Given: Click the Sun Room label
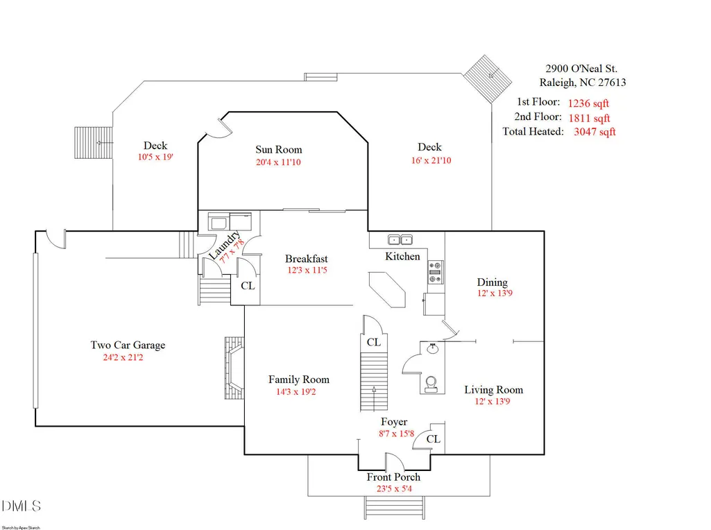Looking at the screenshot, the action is pyautogui.click(x=278, y=150).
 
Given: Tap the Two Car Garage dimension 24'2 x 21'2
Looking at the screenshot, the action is pyautogui.click(x=123, y=357).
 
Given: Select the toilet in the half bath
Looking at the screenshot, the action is pyautogui.click(x=431, y=384).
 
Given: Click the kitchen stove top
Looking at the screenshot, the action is pyautogui.click(x=436, y=272).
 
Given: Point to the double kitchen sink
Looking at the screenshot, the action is pyautogui.click(x=400, y=239).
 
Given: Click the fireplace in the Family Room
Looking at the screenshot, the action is pyautogui.click(x=234, y=368).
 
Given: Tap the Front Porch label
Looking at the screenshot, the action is pyautogui.click(x=393, y=477).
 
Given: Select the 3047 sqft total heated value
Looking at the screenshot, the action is pyautogui.click(x=594, y=132).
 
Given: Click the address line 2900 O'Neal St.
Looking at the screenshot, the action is pyautogui.click(x=581, y=69).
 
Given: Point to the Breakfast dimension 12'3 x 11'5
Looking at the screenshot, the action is pyautogui.click(x=307, y=271).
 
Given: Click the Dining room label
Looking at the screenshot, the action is pyautogui.click(x=492, y=282).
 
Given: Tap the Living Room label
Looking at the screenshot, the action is pyautogui.click(x=493, y=390).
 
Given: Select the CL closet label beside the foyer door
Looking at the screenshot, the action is pyautogui.click(x=433, y=439).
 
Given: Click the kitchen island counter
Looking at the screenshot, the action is pyautogui.click(x=387, y=290).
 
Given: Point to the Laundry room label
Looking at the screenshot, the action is pyautogui.click(x=224, y=246).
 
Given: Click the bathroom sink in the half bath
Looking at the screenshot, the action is pyautogui.click(x=432, y=349).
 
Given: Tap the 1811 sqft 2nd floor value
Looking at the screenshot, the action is pyautogui.click(x=589, y=119).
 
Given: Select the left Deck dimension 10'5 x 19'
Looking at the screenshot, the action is pyautogui.click(x=155, y=157).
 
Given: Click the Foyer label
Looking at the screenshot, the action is pyautogui.click(x=394, y=422).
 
